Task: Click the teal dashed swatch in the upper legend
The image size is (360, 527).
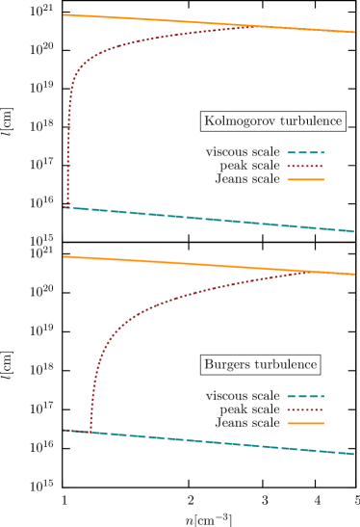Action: [305, 152]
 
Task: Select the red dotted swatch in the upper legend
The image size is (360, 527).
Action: [305, 166]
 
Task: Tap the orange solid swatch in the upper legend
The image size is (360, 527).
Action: [305, 179]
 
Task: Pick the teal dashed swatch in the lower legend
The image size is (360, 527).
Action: [305, 396]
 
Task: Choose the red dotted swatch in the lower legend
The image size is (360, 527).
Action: [305, 409]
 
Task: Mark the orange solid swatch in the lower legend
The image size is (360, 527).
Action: [305, 423]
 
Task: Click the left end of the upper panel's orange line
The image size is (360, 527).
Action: [64, 14]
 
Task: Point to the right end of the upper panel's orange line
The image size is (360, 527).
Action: [354, 32]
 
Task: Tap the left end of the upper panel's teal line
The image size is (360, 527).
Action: [64, 207]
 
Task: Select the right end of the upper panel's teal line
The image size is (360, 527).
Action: [354, 231]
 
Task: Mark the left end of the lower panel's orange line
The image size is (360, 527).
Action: [64, 256]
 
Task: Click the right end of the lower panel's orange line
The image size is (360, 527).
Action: [354, 275]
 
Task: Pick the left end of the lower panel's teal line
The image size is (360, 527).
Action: [64, 430]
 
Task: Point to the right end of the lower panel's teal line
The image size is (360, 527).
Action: [354, 453]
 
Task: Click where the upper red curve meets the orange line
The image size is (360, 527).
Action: [252, 26]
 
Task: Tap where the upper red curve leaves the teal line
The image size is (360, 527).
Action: [67, 207]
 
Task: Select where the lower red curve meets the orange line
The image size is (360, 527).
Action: [310, 273]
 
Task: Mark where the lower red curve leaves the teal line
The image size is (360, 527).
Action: [90, 432]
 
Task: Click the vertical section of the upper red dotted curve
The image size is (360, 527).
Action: [68, 145]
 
